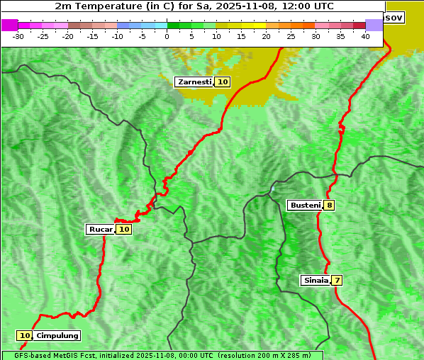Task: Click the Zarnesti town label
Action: click(194, 82)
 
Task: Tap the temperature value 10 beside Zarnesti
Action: click(223, 82)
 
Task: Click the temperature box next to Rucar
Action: click(123, 229)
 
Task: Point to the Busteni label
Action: click(305, 206)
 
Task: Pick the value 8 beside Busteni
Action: click(330, 206)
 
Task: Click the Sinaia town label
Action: click(316, 280)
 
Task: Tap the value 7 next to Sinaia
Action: click(337, 280)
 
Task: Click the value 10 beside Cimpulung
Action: click(25, 335)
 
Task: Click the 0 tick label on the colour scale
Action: click(167, 35)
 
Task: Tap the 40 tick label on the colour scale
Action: click(365, 35)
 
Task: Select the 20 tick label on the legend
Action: click(267, 35)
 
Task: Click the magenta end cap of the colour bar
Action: click(9, 25)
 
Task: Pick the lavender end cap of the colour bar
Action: click(374, 25)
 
